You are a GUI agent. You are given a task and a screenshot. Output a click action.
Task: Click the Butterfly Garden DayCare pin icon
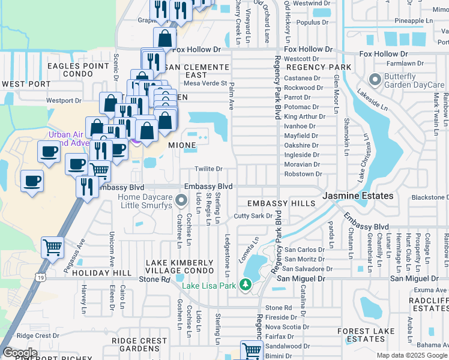(x=376, y=79)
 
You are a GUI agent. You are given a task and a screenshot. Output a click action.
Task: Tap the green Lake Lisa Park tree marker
(x=244, y=284)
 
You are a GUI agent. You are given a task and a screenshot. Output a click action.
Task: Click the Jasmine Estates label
(x=358, y=196)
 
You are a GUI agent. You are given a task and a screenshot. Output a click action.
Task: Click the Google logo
(x=20, y=353)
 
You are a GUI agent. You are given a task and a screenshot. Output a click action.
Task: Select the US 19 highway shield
(x=40, y=278)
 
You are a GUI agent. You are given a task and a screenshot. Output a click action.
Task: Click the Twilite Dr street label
(x=208, y=169)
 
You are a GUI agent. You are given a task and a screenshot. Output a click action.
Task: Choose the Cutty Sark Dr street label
(x=253, y=215)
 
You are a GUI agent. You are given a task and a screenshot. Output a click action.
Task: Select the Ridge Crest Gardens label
(x=139, y=344)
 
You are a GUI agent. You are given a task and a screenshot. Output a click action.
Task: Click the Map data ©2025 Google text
(x=412, y=355)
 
